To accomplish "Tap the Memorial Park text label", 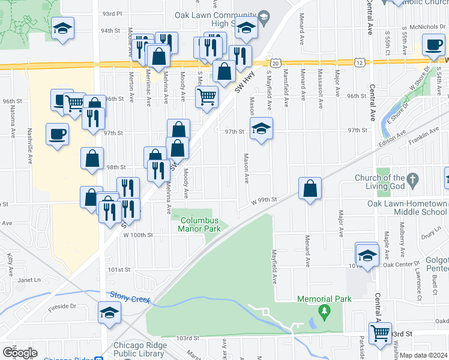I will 324,298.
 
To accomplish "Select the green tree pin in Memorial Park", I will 325,311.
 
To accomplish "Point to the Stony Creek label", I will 127,295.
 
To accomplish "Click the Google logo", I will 20,353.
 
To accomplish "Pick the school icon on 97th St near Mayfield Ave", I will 261,128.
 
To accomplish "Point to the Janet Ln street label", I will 28,279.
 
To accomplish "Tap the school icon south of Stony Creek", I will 109,313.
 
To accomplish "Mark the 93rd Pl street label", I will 112,13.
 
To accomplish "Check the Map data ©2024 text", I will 424,355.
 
